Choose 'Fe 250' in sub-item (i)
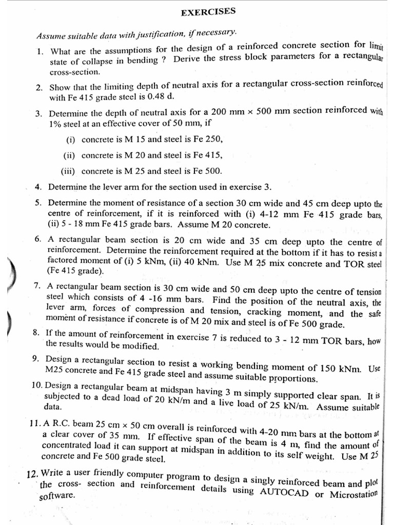tap(209, 139)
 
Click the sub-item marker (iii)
tap(69, 171)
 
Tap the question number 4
tap(38, 187)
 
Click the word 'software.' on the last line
tap(57, 496)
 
